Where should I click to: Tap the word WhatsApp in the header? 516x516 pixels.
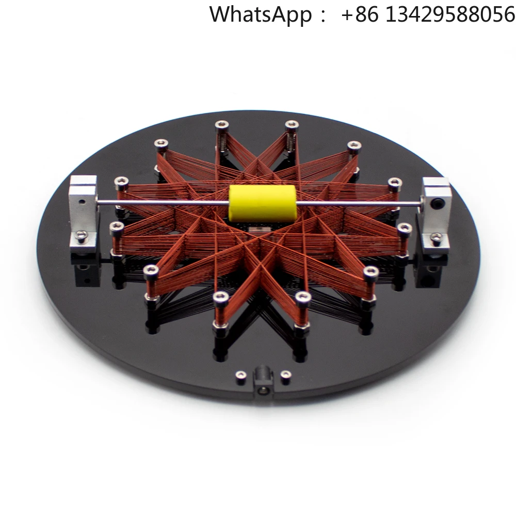[260, 14]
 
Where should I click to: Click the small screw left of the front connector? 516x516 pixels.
[239, 375]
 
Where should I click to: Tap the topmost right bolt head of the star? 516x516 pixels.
[292, 125]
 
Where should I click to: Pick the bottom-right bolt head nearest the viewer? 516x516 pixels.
[303, 297]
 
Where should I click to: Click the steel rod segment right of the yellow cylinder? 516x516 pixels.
[361, 204]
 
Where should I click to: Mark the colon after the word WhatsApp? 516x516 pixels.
[323, 15]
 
